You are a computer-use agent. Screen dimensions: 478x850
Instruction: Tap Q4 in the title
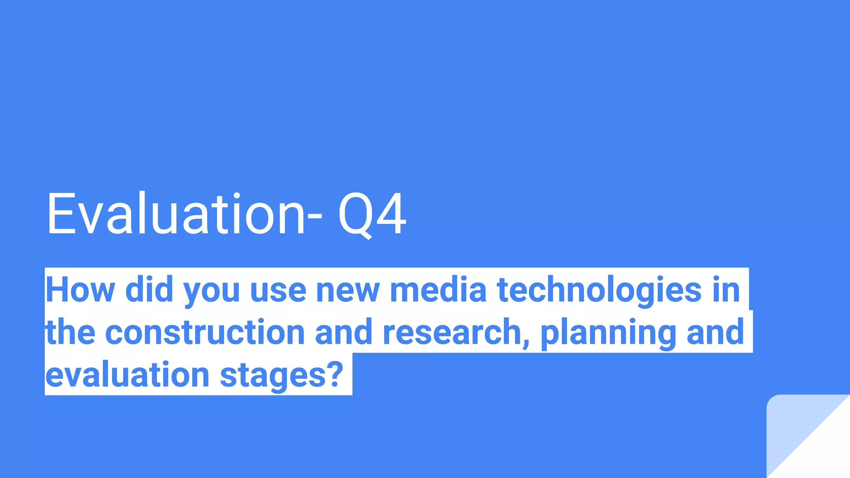372,215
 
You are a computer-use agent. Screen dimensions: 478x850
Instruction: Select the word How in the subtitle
80,290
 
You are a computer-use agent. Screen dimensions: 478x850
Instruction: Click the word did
149,290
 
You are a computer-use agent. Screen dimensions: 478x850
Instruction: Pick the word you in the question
212,290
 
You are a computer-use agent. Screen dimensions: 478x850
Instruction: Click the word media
438,290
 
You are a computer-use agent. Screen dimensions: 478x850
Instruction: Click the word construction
205,332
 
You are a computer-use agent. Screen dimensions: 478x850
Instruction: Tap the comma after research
526,341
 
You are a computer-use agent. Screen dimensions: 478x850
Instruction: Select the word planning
608,333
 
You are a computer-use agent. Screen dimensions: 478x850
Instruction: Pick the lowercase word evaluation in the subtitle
127,374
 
